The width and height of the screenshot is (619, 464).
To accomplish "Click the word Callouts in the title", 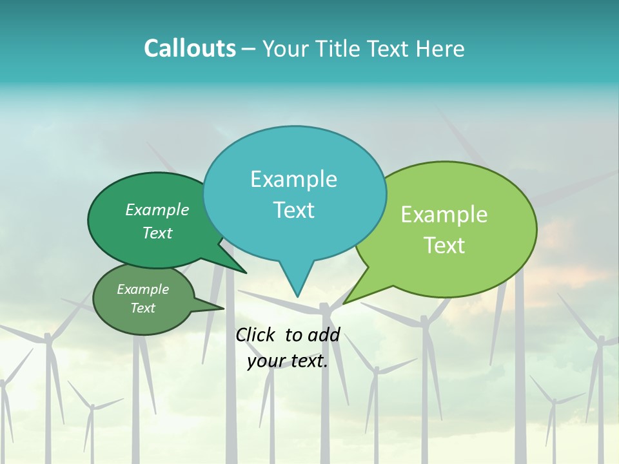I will click(190, 48).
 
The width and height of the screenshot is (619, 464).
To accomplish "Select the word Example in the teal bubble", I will click(293, 179).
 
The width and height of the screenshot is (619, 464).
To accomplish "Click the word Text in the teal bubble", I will click(293, 209).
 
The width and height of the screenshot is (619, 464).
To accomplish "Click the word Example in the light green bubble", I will click(444, 215).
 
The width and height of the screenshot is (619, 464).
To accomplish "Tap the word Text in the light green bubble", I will click(444, 245).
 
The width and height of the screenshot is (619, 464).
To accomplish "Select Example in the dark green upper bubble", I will click(157, 209).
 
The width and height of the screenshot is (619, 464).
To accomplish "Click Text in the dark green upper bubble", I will click(157, 233).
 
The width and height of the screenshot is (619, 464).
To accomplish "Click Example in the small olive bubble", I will click(142, 289).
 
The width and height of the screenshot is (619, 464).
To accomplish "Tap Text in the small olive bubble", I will click(142, 308).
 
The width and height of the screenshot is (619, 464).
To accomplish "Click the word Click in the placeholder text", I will click(256, 334).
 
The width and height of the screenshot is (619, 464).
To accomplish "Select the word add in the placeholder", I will click(324, 334).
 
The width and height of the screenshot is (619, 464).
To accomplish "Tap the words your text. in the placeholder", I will click(288, 362).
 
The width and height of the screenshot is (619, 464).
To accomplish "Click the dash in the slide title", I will click(249, 49).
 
